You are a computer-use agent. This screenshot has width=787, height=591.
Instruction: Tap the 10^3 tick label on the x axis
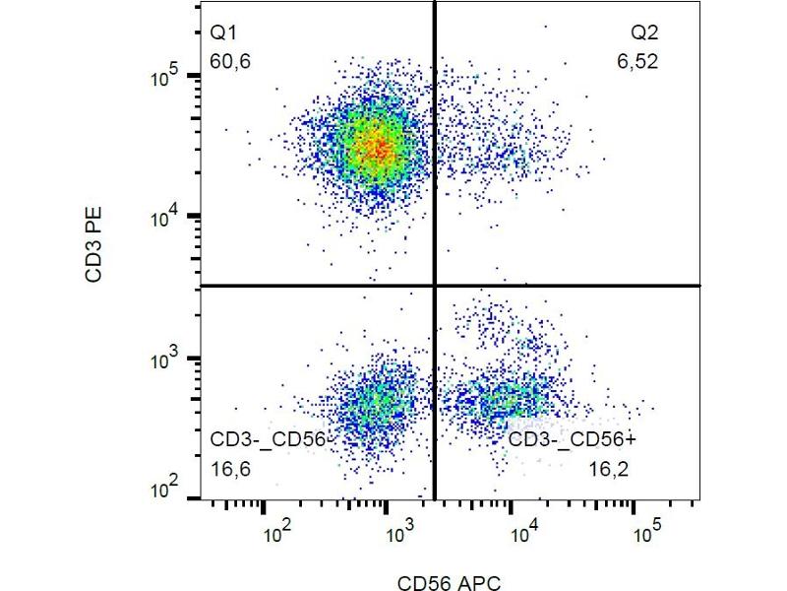click(399, 533)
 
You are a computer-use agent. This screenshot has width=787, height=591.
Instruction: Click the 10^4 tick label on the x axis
click(522, 533)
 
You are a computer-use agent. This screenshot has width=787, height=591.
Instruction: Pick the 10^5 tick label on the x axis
click(645, 533)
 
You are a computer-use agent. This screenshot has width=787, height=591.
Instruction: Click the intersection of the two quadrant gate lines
click(434, 286)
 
